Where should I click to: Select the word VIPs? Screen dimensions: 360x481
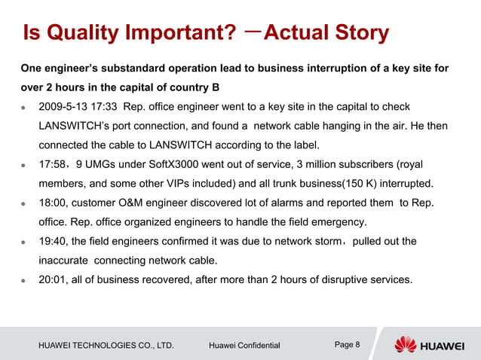tap(204, 183)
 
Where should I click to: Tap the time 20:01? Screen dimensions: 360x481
tap(54, 279)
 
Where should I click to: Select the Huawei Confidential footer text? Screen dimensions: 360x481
tap(244, 346)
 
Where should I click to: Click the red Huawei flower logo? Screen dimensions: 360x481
tap(406, 344)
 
